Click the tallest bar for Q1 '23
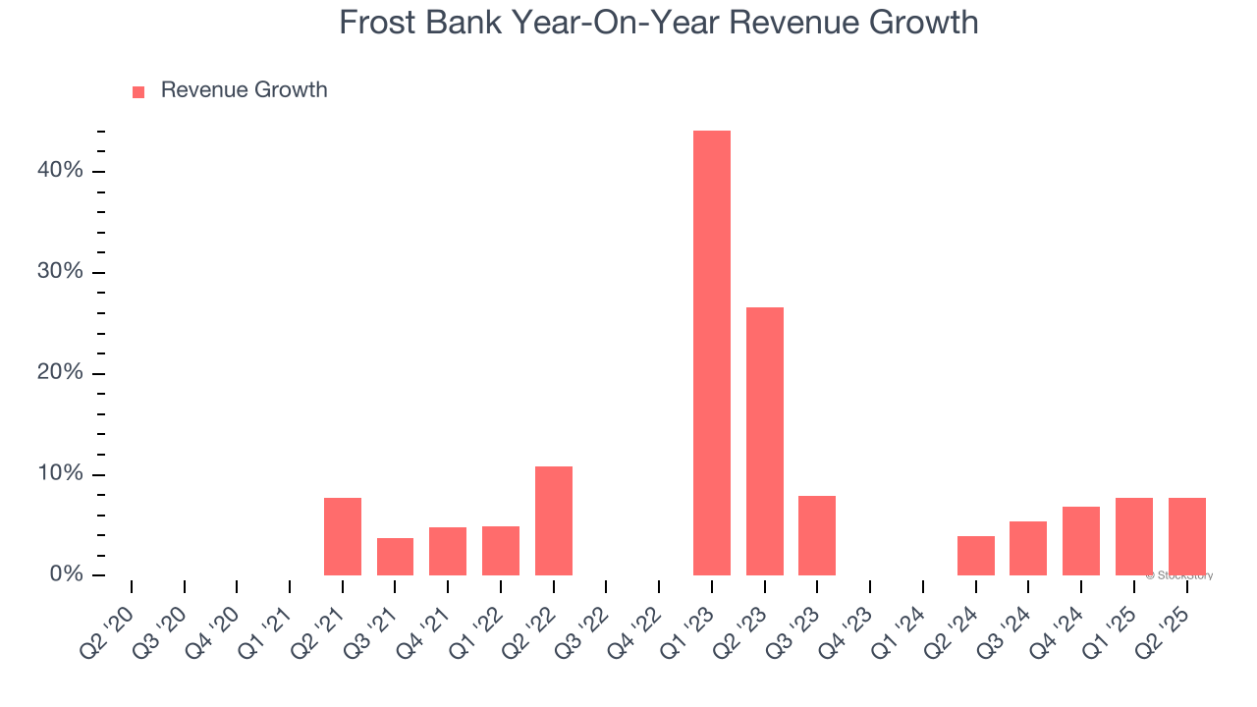[711, 353]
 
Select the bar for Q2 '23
[764, 442]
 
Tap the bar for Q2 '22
[553, 520]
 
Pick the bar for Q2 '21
[342, 536]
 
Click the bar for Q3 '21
[395, 556]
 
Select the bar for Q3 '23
[817, 535]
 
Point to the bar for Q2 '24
[975, 555]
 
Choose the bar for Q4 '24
[1080, 540]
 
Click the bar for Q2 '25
[1186, 536]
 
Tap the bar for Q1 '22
[500, 550]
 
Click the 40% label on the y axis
[60, 171]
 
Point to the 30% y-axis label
[60, 272]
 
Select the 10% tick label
[60, 474]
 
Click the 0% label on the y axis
[66, 574]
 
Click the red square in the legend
[138, 91]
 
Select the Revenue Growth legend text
[244, 90]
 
